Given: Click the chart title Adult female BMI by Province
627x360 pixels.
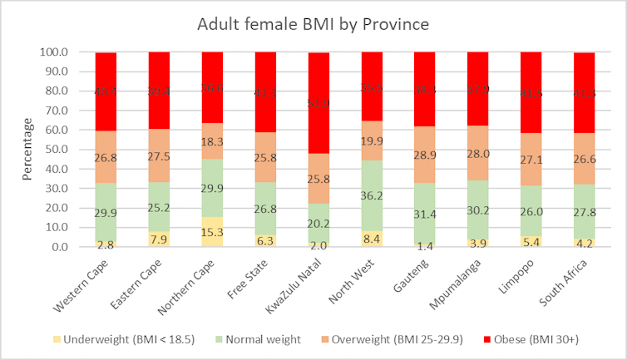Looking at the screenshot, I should [313, 24].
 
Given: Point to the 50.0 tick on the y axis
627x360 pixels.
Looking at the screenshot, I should [55, 150].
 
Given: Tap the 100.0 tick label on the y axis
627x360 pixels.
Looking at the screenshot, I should [52, 52].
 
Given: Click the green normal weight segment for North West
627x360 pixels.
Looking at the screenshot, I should [372, 196].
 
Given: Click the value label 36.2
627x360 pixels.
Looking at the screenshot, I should [372, 197].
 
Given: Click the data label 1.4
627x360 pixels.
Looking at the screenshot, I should [425, 245].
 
